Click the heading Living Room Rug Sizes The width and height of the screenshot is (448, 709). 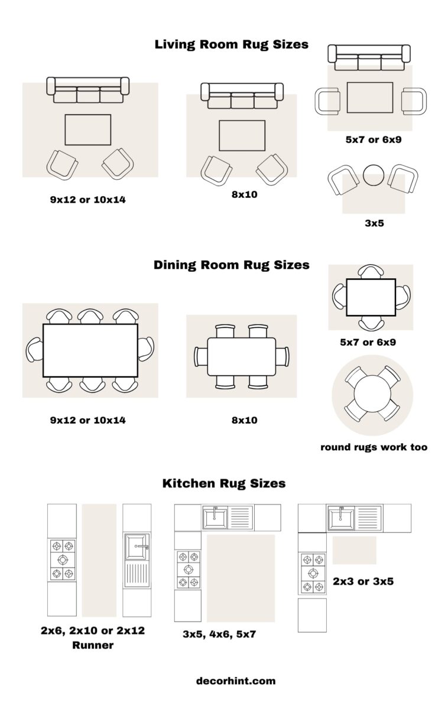(231, 44)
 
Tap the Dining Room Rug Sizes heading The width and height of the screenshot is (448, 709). (231, 265)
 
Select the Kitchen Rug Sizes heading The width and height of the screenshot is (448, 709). (223, 483)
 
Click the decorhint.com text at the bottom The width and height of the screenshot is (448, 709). (236, 681)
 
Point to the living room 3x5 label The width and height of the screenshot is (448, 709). (374, 223)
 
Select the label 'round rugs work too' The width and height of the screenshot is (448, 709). (374, 447)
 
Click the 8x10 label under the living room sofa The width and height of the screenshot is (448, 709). (244, 194)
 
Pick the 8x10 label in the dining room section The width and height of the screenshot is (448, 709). (244, 421)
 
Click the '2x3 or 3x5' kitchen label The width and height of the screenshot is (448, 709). (363, 581)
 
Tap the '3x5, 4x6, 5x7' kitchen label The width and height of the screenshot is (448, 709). (219, 635)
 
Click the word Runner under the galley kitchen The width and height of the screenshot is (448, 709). (92, 645)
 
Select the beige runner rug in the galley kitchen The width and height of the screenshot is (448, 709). (99, 560)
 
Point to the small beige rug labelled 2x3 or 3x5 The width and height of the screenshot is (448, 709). (354, 550)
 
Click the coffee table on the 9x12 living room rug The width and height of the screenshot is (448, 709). (87, 129)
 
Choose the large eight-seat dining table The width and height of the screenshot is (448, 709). (90, 350)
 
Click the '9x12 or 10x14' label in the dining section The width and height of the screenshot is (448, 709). (87, 421)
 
